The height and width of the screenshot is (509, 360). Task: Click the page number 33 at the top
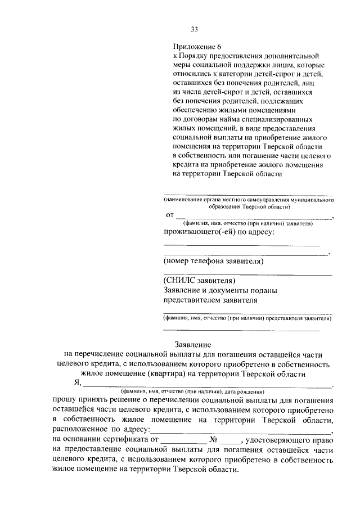point(194,29)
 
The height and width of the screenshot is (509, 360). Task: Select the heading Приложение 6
point(197,48)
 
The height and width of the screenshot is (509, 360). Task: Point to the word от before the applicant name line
point(169,215)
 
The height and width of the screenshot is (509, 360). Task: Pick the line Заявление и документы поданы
point(220,290)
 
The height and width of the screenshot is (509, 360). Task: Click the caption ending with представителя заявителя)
point(247,318)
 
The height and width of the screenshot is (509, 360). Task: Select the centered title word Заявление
point(193,344)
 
